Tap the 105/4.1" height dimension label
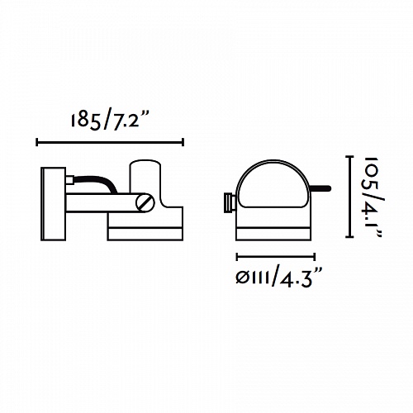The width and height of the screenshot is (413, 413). [373, 197]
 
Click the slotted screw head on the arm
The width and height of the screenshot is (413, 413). [145, 203]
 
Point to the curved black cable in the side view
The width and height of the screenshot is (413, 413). [94, 183]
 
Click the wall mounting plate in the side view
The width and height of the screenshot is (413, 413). [54, 204]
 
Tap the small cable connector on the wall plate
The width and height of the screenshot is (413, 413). [69, 180]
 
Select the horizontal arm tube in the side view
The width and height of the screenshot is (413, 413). [102, 203]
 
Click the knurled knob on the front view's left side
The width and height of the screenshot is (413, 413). [230, 203]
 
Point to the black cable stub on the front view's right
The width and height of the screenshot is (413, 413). [321, 189]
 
